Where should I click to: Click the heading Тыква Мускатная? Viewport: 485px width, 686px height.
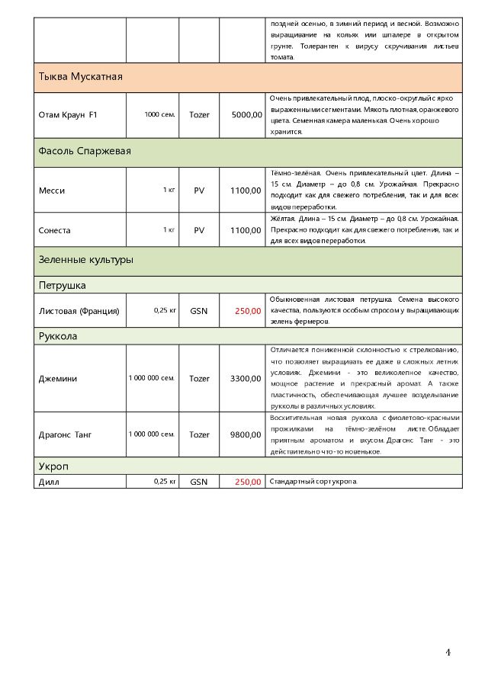click(x=81, y=77)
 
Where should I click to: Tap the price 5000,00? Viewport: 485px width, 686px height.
click(x=246, y=114)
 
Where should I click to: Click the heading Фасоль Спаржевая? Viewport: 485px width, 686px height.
click(x=85, y=151)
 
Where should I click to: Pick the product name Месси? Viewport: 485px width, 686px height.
click(x=52, y=190)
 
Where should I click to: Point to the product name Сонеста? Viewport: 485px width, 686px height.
click(x=54, y=229)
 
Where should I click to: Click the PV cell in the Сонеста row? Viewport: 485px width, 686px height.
click(x=199, y=229)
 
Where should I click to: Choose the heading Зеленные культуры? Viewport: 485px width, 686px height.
click(x=85, y=260)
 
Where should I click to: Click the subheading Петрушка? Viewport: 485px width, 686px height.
click(x=62, y=286)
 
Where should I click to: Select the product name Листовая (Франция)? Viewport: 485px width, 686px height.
click(x=79, y=310)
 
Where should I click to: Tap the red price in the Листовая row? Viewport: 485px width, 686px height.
click(x=248, y=310)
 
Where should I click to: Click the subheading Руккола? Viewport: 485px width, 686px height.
click(x=58, y=336)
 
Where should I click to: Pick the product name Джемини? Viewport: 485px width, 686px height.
click(x=57, y=378)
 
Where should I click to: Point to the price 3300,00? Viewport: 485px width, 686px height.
click(x=246, y=378)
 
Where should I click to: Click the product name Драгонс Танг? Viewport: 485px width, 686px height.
click(x=65, y=434)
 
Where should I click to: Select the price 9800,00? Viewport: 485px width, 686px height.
click(x=246, y=434)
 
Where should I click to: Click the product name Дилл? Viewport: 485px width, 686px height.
click(x=49, y=482)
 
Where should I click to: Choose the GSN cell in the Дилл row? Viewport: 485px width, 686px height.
click(x=199, y=482)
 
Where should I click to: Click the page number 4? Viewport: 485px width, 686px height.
click(x=448, y=652)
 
